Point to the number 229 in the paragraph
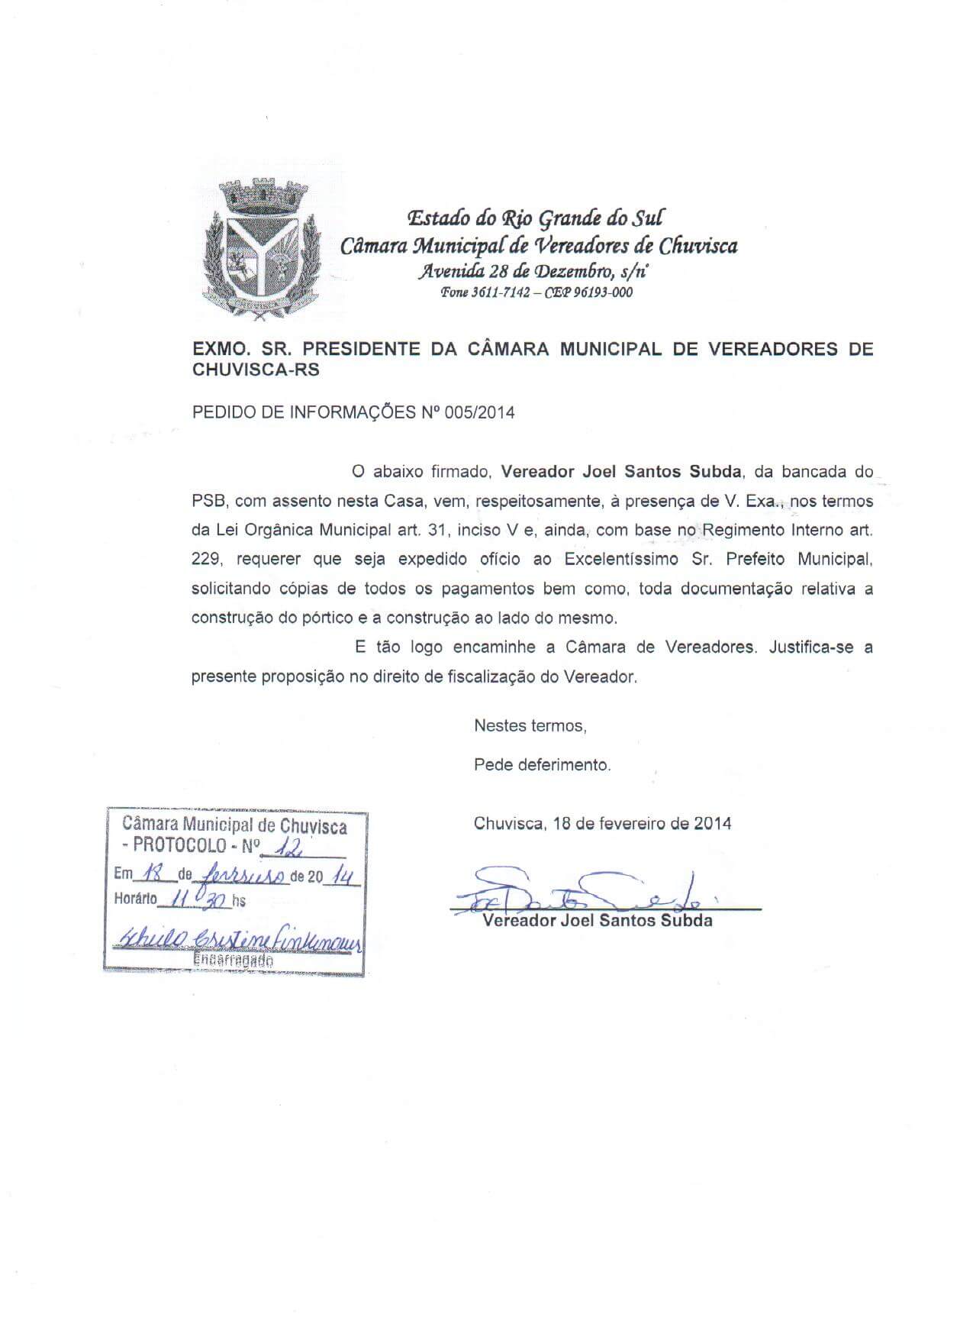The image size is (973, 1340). [206, 559]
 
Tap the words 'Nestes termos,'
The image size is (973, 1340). [530, 726]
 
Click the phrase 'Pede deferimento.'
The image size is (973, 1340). [542, 765]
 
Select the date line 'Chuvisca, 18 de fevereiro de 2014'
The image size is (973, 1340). [602, 824]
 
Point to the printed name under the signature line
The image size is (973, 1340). [597, 921]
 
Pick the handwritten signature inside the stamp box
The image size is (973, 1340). [237, 941]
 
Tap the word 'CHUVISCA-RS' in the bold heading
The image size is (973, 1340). [256, 371]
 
